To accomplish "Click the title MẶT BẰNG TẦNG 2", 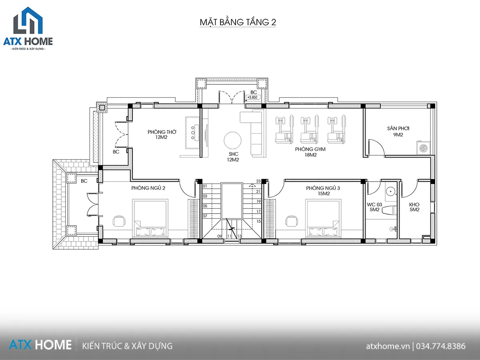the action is tap(238, 22).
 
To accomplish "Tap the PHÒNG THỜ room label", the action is tap(162, 132).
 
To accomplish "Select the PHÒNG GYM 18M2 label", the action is tap(310, 152).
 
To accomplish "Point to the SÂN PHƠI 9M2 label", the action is tap(398, 131).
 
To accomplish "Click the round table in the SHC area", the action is tap(232, 140).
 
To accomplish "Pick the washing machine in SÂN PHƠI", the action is tap(423, 148).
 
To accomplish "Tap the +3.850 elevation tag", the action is tap(252, 97).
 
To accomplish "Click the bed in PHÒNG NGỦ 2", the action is tap(150, 218).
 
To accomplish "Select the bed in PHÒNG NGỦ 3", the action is tap(323, 218).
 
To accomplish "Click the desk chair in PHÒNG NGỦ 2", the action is tap(119, 221).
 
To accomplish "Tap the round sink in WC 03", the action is tap(390, 192).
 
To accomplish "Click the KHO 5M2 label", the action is tap(414, 207).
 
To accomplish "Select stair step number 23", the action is tap(258, 181).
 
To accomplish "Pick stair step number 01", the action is tap(205, 186).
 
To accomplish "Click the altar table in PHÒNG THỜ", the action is tap(192, 132).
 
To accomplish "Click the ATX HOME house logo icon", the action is tap(28, 20).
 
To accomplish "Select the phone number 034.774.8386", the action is tap(441, 346).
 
